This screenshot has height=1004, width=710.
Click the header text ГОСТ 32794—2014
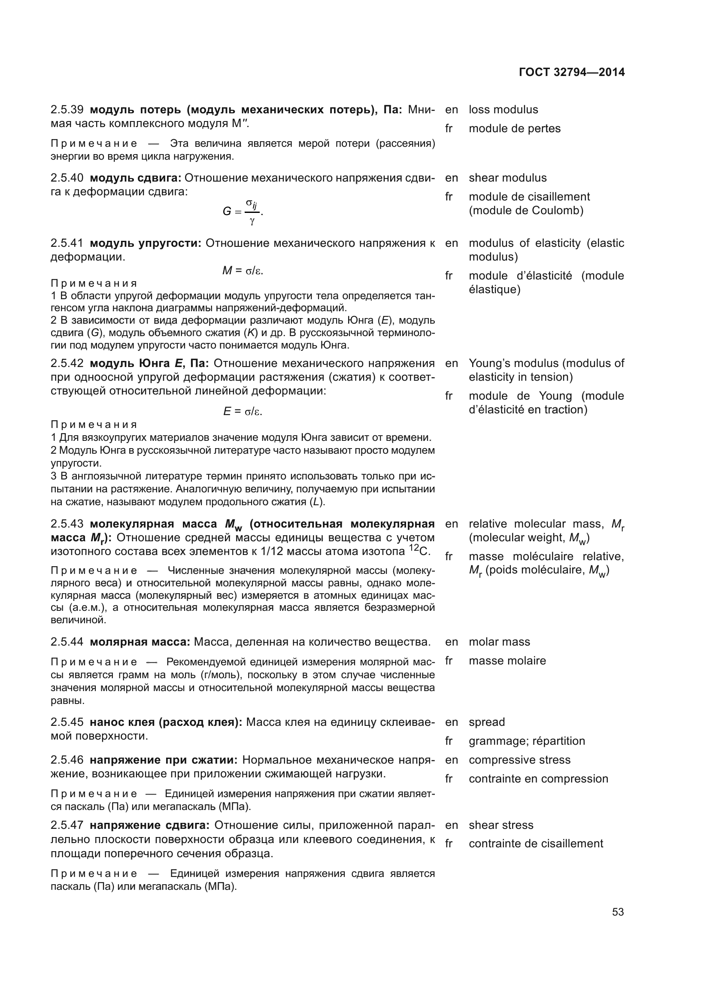click(571, 73)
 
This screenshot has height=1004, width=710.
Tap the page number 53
click(618, 912)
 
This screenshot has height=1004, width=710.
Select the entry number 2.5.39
click(67, 110)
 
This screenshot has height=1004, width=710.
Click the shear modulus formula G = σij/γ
click(242, 212)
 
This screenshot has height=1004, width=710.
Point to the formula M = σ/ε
click(243, 271)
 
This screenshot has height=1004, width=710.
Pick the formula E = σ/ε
click(243, 412)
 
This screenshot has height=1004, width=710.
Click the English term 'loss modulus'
click(503, 110)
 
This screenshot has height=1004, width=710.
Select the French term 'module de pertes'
click(515, 129)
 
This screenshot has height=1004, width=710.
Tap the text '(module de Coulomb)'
click(526, 211)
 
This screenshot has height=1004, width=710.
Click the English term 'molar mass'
click(499, 642)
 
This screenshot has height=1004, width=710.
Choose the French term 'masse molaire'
click(507, 661)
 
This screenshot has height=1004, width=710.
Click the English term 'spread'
click(487, 722)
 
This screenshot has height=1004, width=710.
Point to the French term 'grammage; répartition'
click(527, 741)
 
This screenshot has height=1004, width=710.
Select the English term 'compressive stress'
click(519, 760)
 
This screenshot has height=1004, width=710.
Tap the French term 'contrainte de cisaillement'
click(536, 843)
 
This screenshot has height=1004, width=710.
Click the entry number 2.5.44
click(67, 642)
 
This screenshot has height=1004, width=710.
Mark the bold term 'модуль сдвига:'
click(135, 178)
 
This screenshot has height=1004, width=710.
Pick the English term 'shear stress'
click(501, 825)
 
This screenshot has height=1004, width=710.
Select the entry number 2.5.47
click(67, 825)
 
